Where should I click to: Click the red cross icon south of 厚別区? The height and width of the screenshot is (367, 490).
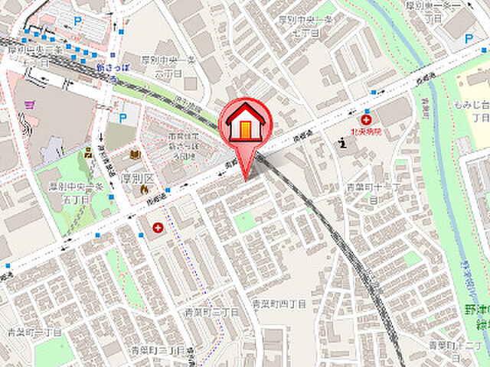pos(158,228)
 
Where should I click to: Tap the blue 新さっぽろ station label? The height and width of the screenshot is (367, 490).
pos(111,67)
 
